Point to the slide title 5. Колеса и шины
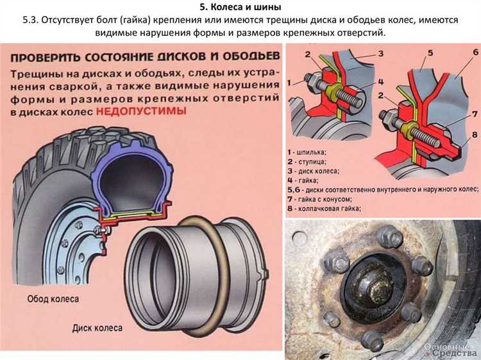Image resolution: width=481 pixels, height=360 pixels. pyautogui.click(x=240, y=8)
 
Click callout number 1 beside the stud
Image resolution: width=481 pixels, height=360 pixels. pyautogui.click(x=291, y=82)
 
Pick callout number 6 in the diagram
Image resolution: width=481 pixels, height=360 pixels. pyautogui.click(x=474, y=52)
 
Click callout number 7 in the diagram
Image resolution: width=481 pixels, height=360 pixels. pyautogui.click(x=474, y=114)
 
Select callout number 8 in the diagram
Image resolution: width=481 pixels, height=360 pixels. pyautogui.click(x=474, y=135)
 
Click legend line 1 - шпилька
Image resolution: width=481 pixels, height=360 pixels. pyautogui.click(x=307, y=152)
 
